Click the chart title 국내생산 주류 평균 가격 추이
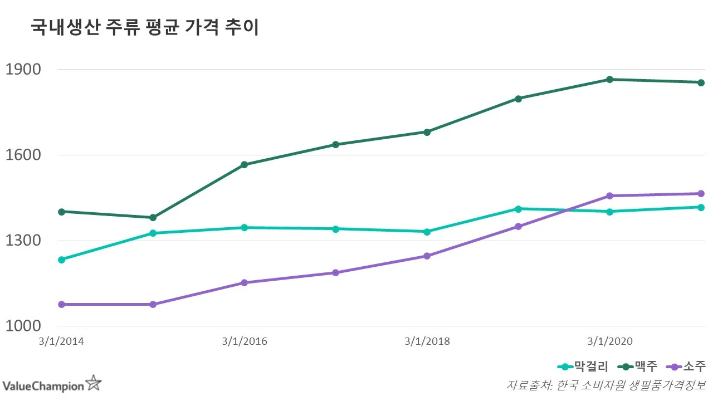(x=145, y=28)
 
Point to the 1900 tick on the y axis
(x=23, y=70)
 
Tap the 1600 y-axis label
(x=23, y=155)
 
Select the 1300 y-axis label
(x=23, y=241)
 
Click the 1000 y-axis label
(x=23, y=326)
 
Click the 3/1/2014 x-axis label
(x=61, y=341)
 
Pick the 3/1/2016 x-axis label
(x=244, y=341)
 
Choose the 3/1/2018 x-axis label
(x=427, y=341)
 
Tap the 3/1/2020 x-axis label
(x=609, y=341)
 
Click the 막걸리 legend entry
(x=583, y=366)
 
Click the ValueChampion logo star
(x=93, y=383)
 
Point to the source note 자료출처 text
(x=605, y=385)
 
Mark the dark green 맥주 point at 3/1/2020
(x=609, y=80)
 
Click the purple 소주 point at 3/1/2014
(x=61, y=305)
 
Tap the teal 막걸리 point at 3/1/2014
(x=61, y=260)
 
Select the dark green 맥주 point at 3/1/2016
(x=244, y=165)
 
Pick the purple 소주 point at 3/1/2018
(x=427, y=256)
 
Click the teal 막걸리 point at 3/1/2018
(x=427, y=232)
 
